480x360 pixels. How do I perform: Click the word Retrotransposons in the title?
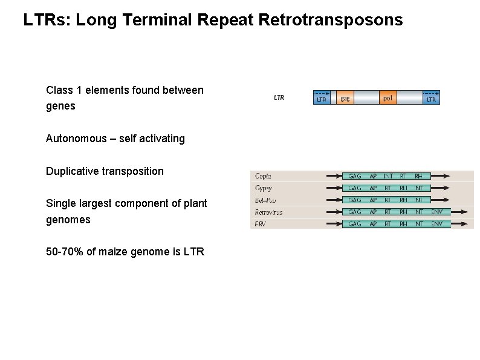[330, 20]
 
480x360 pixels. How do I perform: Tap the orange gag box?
[344, 98]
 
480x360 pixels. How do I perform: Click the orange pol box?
[388, 97]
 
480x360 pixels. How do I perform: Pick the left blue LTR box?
[322, 98]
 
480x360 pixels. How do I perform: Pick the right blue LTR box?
[431, 98]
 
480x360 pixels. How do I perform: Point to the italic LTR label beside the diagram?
[279, 97]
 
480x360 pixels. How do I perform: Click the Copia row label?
[263, 176]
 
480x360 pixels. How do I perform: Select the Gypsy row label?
[264, 188]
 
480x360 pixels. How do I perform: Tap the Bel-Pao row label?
[265, 200]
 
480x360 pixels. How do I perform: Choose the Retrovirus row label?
[268, 212]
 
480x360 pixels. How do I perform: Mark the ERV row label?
[261, 224]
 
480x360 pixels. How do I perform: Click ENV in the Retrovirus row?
[436, 212]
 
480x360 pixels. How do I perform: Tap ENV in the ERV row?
[436, 224]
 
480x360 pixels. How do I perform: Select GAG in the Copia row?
[355, 176]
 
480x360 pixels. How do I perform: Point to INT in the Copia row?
[388, 176]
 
